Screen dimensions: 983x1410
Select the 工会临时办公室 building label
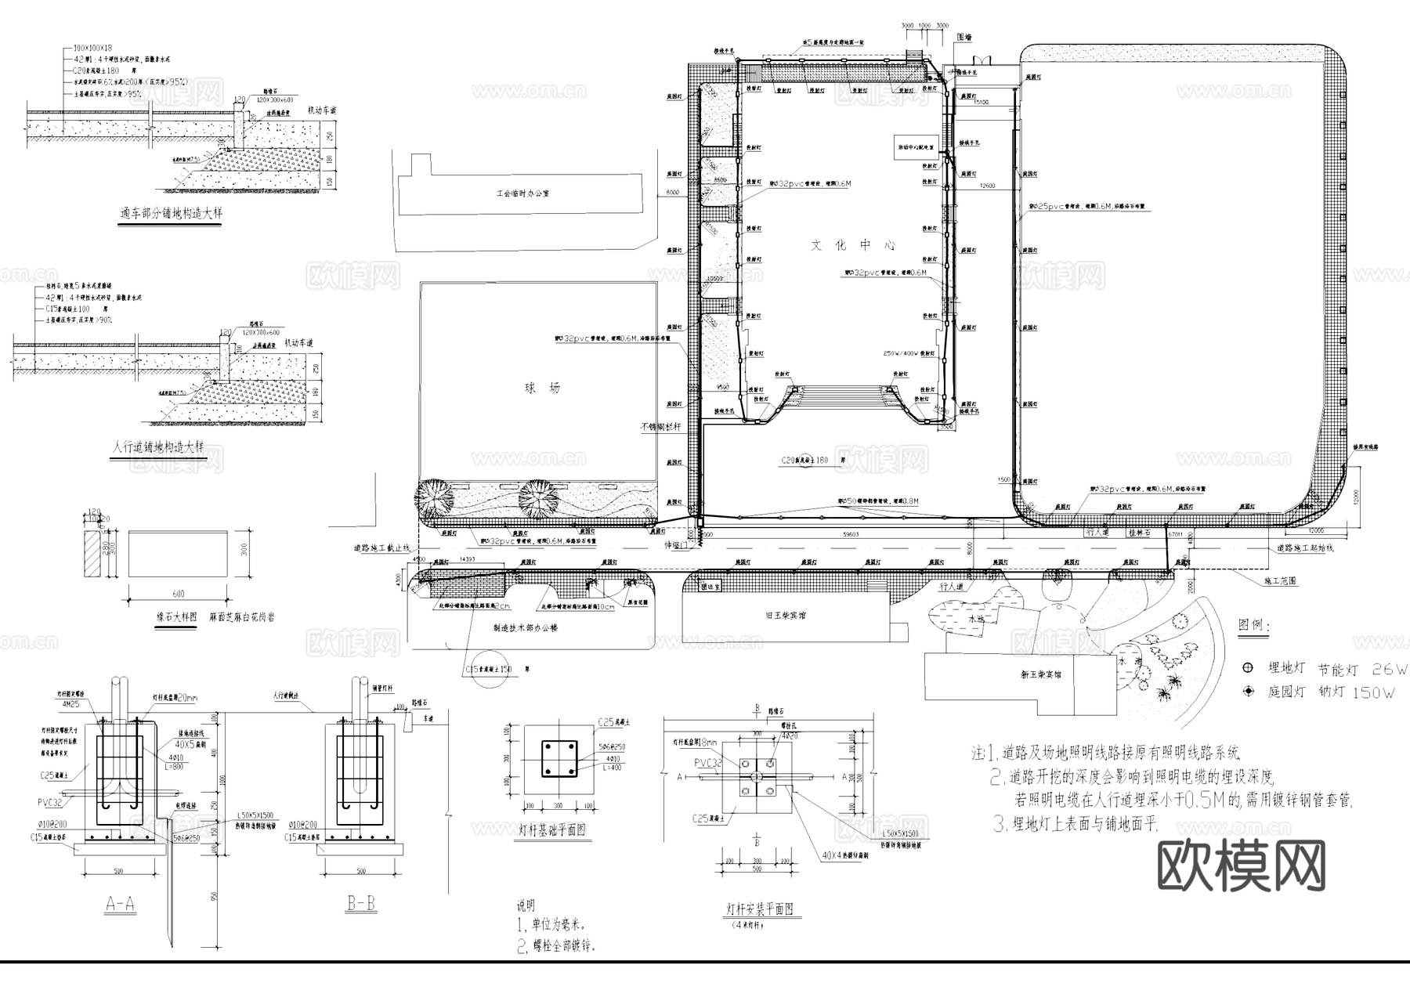tap(522, 193)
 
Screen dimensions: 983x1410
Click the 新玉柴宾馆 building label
tap(1041, 674)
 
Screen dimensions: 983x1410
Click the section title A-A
tap(120, 905)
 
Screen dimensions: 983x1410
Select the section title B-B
tap(361, 904)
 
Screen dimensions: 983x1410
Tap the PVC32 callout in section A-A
tap(49, 803)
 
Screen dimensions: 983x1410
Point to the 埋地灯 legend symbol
tap(1248, 668)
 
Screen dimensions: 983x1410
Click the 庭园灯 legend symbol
tap(1248, 692)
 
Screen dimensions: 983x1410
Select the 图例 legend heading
tap(1254, 625)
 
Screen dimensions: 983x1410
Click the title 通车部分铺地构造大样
tap(168, 213)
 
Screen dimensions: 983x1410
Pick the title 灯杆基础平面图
tap(552, 829)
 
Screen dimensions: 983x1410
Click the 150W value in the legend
tap(1378, 692)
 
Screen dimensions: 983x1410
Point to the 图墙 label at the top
tap(964, 37)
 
